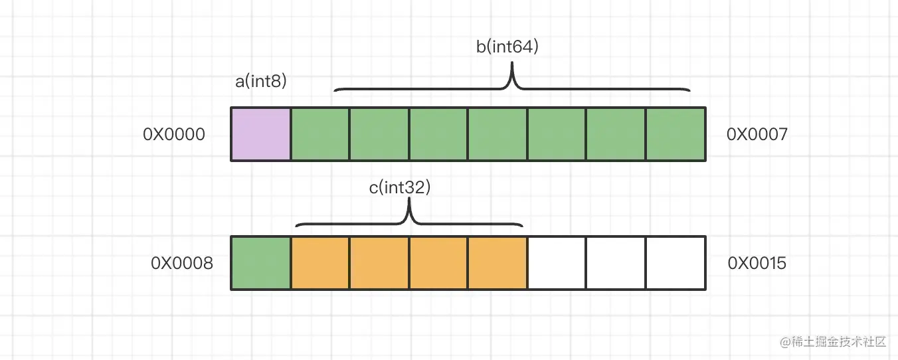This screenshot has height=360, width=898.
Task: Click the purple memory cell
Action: tap(261, 134)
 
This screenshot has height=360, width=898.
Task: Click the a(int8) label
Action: tap(261, 81)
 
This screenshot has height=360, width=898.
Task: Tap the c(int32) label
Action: tap(401, 188)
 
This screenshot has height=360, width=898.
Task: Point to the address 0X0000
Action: tap(174, 135)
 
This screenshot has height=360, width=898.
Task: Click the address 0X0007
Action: tap(757, 135)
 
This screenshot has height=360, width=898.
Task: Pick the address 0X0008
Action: tap(182, 264)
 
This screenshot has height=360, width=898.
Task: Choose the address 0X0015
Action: tap(757, 264)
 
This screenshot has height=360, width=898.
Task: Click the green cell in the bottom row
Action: tap(261, 263)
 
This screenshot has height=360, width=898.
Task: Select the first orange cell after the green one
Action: tap(320, 263)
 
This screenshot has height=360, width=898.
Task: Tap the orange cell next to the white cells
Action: tap(497, 263)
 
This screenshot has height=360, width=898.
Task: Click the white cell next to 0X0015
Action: tap(675, 263)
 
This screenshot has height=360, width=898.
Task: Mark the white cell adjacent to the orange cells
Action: tap(557, 263)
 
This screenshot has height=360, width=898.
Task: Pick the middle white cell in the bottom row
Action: tap(616, 263)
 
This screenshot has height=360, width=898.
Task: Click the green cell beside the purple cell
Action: tap(320, 134)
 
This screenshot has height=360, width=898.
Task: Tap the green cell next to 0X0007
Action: tap(675, 134)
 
